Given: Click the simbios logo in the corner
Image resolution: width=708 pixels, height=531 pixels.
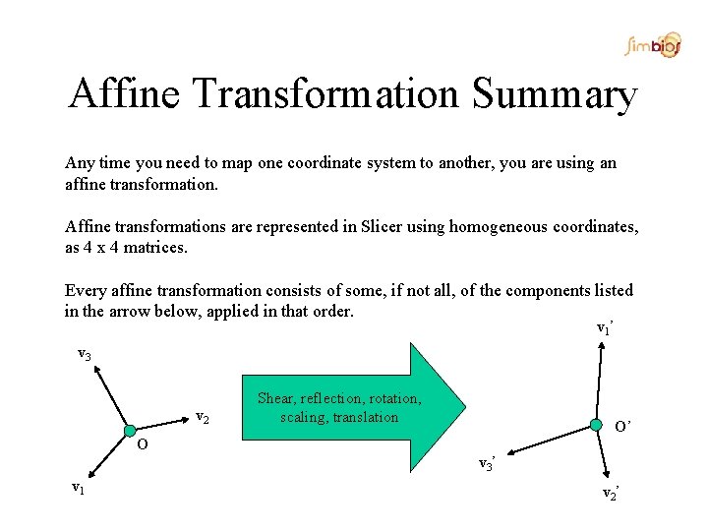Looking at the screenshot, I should [652, 45].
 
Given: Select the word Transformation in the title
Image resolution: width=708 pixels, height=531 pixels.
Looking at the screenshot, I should [327, 95].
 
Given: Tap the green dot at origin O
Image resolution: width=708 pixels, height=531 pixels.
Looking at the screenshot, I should [130, 430].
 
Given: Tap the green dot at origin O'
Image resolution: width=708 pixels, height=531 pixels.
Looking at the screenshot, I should [595, 424].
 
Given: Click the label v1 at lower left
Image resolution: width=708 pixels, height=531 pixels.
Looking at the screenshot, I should [76, 486].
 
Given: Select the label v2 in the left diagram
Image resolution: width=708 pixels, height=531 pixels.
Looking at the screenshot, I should [202, 416].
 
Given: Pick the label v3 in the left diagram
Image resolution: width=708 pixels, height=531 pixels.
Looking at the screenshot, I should [85, 354].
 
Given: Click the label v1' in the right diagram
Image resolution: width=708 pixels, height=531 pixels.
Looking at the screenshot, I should [605, 327].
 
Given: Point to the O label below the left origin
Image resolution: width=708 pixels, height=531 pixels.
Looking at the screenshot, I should [143, 444].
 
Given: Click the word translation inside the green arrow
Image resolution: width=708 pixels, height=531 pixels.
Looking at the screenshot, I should [365, 417].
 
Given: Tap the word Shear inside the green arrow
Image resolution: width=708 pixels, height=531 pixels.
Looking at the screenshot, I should [276, 398].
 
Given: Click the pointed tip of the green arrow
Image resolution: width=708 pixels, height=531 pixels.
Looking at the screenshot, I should [466, 407].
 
